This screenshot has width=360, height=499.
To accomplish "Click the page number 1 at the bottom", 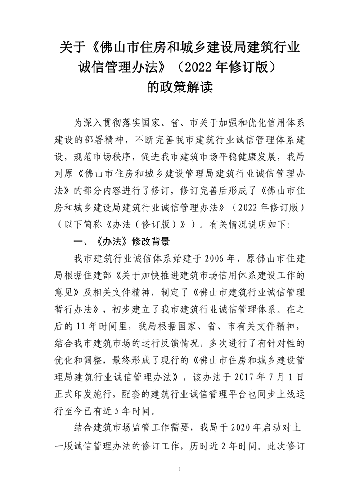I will pos(180,471).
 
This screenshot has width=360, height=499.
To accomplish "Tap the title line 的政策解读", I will pos(180,86).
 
